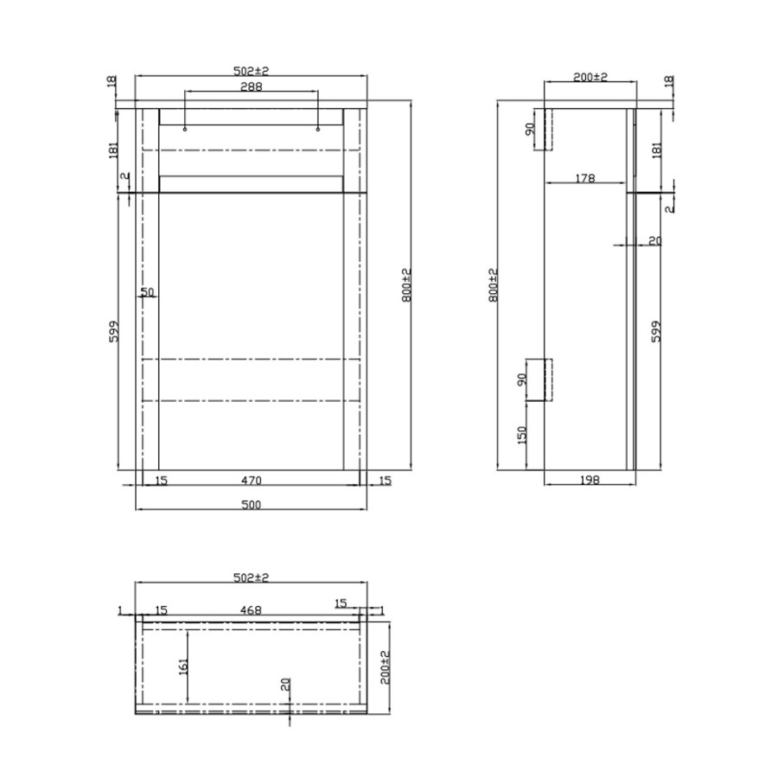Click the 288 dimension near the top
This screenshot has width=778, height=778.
(251, 86)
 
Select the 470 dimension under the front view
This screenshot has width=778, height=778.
(251, 480)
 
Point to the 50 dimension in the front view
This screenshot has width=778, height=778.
(147, 292)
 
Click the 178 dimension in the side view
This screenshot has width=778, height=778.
(585, 178)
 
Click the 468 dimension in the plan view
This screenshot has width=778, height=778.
(251, 609)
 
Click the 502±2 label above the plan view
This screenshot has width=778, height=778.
(251, 577)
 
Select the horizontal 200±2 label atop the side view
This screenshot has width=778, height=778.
(590, 77)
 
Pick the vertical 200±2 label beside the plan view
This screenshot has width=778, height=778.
(386, 666)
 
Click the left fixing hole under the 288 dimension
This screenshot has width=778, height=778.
(185, 130)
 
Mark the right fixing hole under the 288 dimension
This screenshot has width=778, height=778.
(318, 130)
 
